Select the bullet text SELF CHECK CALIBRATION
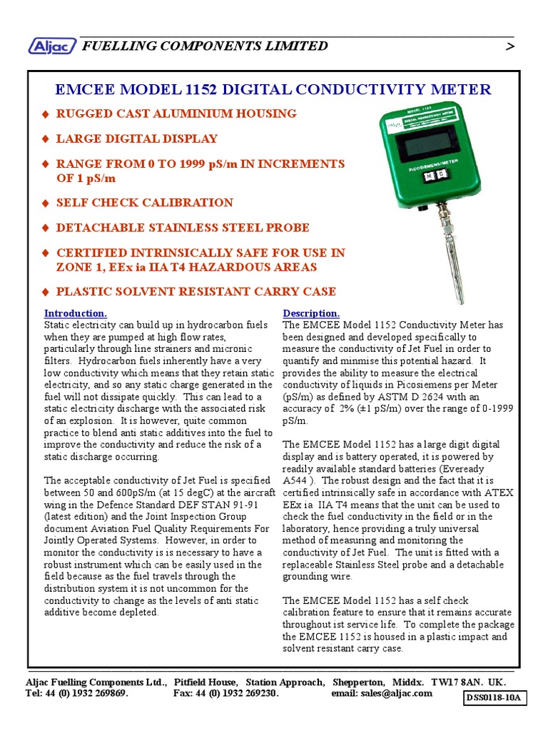pos(144,203)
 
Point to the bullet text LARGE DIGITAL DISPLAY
pos(136,138)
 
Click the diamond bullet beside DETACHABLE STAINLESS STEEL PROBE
pos(46,228)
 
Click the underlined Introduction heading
pos(76,313)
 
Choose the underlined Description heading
pos(311,313)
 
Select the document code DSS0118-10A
pos(496,698)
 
